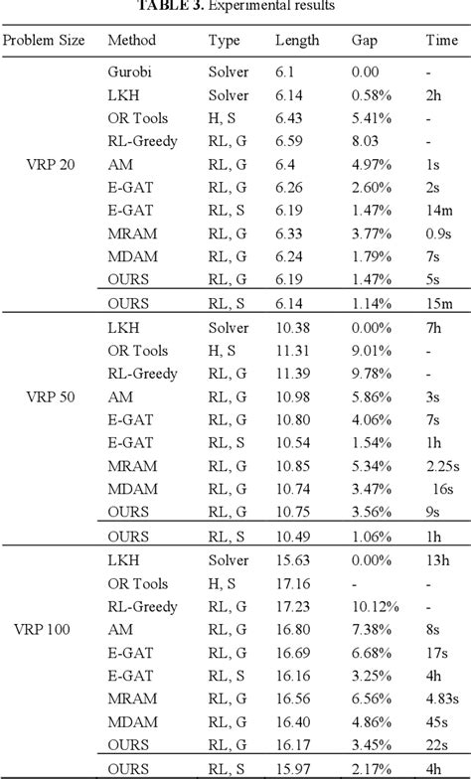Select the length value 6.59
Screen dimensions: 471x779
(x=289, y=141)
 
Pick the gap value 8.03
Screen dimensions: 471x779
(x=367, y=141)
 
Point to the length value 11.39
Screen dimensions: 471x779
(x=293, y=374)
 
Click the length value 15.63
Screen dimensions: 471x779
(x=293, y=559)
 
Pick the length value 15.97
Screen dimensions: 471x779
(x=293, y=769)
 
